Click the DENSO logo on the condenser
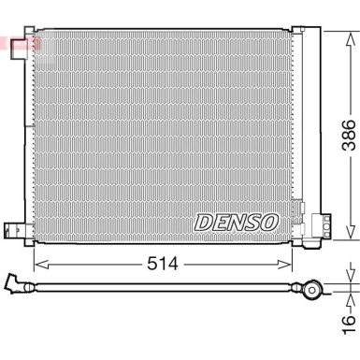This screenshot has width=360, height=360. [x=236, y=222]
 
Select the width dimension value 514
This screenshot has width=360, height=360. [x=164, y=265]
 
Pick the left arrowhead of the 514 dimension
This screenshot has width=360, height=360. [x=38, y=264]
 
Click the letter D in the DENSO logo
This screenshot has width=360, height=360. [x=203, y=223]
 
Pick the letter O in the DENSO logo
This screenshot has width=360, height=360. [x=268, y=222]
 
